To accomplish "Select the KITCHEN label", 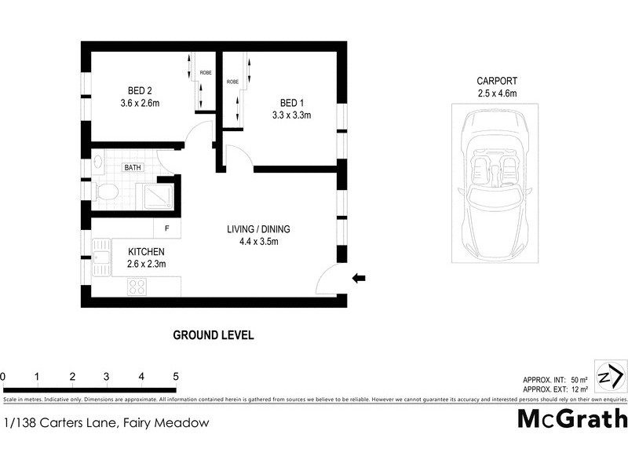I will click(x=147, y=251).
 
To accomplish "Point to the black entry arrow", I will click(x=360, y=277).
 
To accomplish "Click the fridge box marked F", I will click(x=167, y=228).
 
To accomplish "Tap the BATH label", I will click(x=132, y=167).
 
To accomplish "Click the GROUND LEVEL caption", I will click(x=213, y=335).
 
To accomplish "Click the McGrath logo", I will click(x=572, y=418).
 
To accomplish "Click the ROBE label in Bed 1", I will click(x=232, y=82).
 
